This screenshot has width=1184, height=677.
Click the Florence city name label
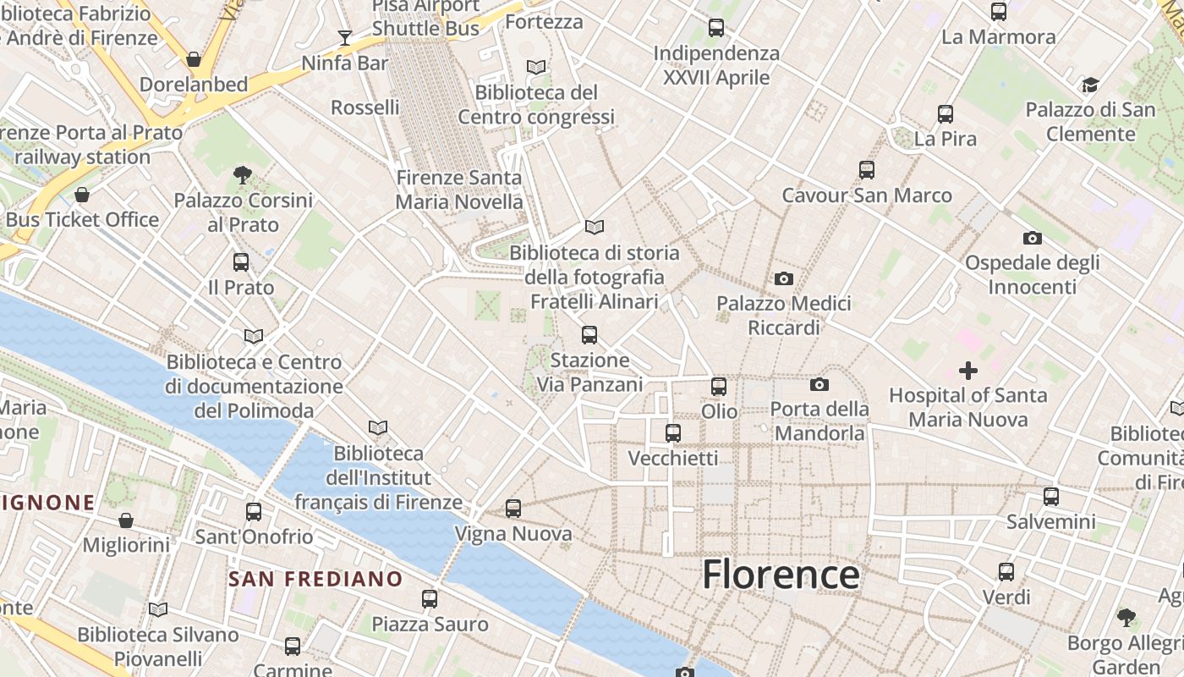[x=781, y=575]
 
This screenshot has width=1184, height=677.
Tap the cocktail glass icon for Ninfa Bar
[x=345, y=37]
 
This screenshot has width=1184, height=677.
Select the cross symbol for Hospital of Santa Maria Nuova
[x=968, y=371]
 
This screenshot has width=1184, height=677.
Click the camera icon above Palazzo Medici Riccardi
[x=784, y=278]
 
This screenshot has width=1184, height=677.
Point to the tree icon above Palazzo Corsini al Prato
[x=243, y=175]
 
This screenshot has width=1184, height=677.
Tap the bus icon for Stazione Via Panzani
[x=589, y=335]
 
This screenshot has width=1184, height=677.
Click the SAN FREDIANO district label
[x=315, y=580]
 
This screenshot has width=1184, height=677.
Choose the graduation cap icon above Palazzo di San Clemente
[x=1090, y=85]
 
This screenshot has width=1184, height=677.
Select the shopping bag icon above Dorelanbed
[x=194, y=59]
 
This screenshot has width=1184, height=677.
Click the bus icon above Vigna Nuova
[x=513, y=509]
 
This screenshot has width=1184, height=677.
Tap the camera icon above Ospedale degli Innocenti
[x=1032, y=238]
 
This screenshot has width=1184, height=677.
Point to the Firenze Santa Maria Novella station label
[x=459, y=190]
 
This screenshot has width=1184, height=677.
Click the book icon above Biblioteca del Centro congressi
[x=536, y=67]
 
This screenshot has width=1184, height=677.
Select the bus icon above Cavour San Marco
[x=867, y=170]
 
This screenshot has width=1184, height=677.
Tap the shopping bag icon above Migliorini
[x=126, y=520]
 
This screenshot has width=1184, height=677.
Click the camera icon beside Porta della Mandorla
[x=819, y=385]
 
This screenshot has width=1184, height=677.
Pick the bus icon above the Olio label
[x=719, y=387]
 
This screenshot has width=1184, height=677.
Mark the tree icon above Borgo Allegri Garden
[x=1126, y=617]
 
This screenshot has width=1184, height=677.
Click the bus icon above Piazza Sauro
[x=430, y=599]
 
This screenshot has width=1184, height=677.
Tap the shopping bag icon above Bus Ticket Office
[x=82, y=195]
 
